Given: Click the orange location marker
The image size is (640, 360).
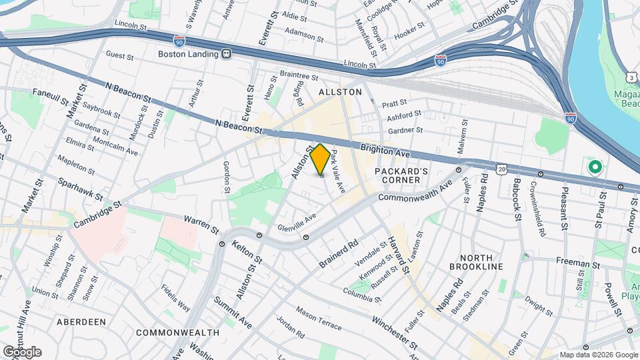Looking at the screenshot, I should click(x=320, y=159).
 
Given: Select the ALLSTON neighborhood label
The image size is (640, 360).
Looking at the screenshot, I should click(x=340, y=91).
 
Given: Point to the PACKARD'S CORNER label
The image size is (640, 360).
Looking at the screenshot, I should click(x=397, y=175).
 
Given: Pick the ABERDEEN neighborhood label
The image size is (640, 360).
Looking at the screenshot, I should click(x=81, y=321).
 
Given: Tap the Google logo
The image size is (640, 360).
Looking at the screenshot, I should click(x=22, y=352).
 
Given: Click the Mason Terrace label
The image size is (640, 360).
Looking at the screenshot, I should click(x=319, y=319).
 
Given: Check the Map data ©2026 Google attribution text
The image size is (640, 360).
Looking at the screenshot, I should click(x=598, y=355).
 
